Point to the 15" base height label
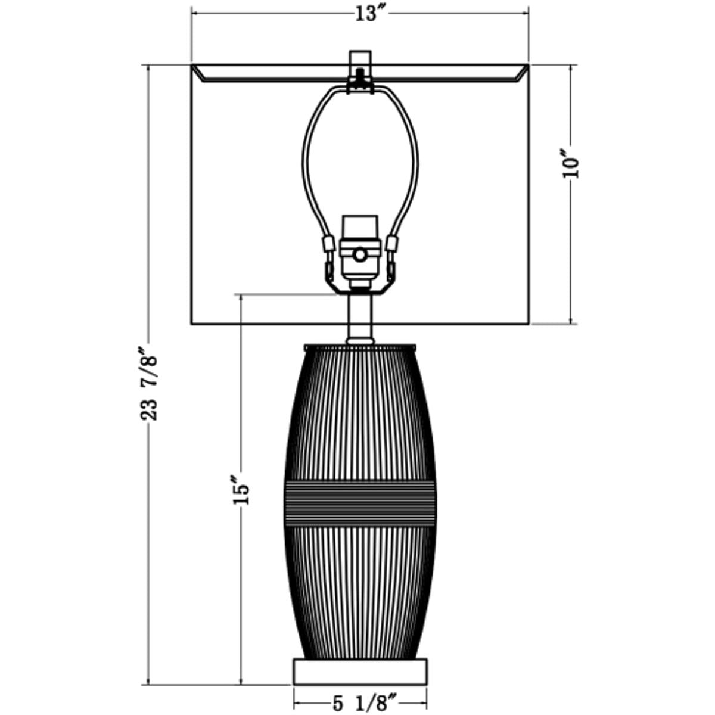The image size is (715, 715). coord(241,490)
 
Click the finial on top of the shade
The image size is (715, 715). coord(360,64)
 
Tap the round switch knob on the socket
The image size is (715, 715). coord(360,254)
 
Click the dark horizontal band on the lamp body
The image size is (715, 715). coord(360,500)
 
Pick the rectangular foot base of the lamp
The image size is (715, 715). coord(360,670)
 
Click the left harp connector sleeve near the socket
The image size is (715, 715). coord(327,244)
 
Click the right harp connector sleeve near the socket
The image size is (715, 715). coord(393,244)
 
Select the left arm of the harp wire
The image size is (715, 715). coord(305,161)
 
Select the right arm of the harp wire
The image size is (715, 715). coord(415,161)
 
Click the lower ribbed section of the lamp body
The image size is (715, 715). coord(360,590)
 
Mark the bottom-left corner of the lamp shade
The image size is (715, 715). coord(192,324)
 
